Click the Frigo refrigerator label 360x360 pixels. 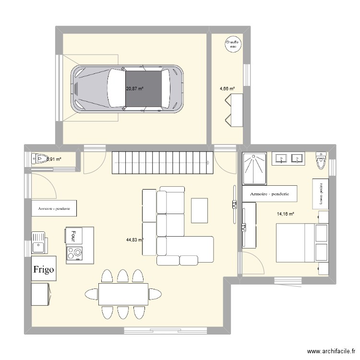click(x=44, y=270)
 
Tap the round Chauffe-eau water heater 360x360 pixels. click(x=233, y=45)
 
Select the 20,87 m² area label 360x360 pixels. click(x=135, y=89)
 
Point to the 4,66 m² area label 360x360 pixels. click(x=227, y=88)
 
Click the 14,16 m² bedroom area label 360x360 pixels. click(x=285, y=214)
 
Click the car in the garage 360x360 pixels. click(x=128, y=88)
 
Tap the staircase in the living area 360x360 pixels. click(x=162, y=163)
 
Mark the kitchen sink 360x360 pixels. click(x=38, y=242)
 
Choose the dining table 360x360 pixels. click(x=123, y=294)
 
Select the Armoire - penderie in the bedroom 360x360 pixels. click(x=270, y=194)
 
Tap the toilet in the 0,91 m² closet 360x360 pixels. click(x=39, y=159)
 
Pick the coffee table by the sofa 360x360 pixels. click(x=200, y=210)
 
